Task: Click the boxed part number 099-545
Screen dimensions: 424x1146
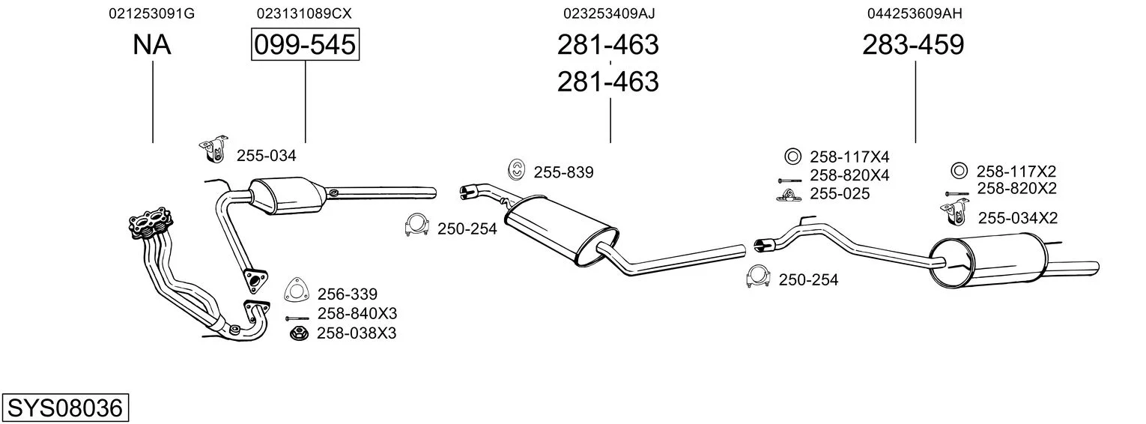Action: [x=305, y=46]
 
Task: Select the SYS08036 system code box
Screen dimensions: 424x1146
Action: [x=64, y=408]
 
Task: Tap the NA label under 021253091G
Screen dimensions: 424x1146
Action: [x=152, y=46]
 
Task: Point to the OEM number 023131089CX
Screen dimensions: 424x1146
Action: [x=304, y=13]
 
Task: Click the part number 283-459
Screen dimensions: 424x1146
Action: [x=913, y=46]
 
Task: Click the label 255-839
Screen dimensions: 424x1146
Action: [x=563, y=173]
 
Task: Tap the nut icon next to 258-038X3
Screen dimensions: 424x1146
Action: [x=297, y=333]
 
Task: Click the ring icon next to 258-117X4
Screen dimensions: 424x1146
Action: [x=792, y=157]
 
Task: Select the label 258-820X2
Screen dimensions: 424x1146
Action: [x=1016, y=188]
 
